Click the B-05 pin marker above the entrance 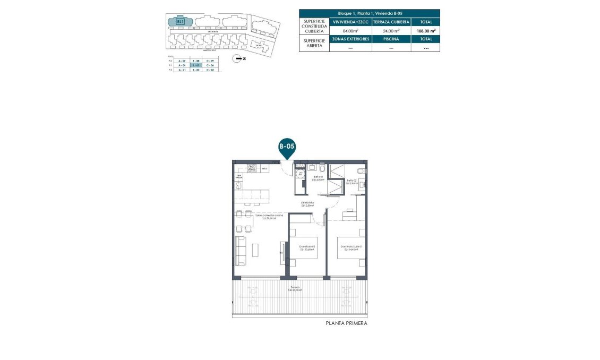point(287,147)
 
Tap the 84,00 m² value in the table point(350,31)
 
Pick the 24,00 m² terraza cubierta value point(391,31)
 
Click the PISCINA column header point(391,39)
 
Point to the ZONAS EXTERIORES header point(350,39)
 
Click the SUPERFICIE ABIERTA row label point(314,43)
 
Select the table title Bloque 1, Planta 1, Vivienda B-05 point(370,13)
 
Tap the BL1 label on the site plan point(181,22)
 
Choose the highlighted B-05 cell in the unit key point(196,65)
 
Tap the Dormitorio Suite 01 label point(351,247)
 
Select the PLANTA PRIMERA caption point(346,323)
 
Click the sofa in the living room point(240,251)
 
